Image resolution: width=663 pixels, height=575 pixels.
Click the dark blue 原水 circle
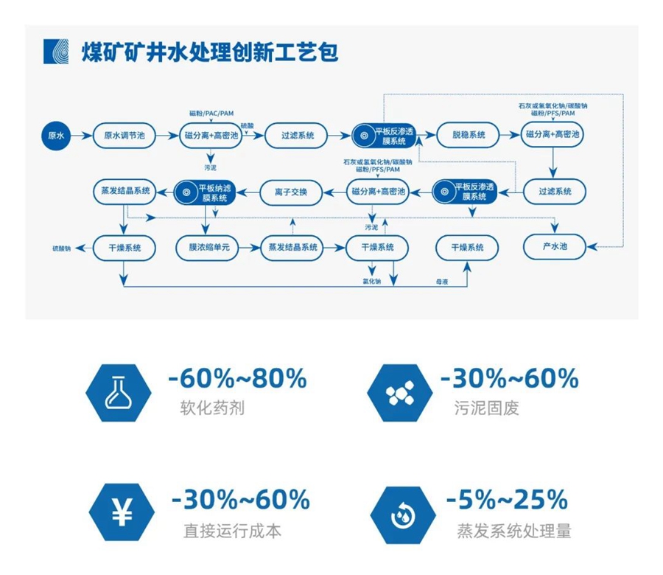coord(57,136)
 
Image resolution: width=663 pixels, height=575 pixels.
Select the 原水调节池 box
coord(124,136)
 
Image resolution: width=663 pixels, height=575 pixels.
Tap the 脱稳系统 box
coord(466,136)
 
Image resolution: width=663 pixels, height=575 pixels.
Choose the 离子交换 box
coord(291,192)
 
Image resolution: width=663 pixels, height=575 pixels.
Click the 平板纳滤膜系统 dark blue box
coord(205,192)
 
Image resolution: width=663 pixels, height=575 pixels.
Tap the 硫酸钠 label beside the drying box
coord(61,248)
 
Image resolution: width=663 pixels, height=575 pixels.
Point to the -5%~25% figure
coord(507,499)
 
